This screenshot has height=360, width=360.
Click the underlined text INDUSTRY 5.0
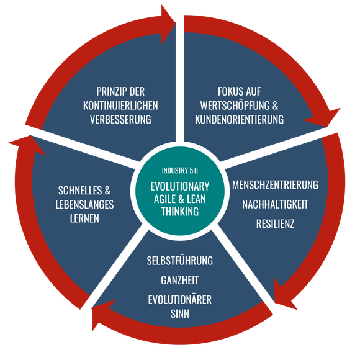[x=180, y=170]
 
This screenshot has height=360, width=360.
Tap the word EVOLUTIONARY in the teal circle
[x=180, y=186]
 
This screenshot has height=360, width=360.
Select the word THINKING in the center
[x=180, y=211]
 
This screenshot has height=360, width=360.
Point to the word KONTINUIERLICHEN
[x=120, y=106]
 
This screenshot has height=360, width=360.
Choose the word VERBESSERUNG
[x=120, y=119]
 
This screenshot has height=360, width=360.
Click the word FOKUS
[x=228, y=91]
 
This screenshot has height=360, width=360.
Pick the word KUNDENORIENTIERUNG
[x=239, y=119]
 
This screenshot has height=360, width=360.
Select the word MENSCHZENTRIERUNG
[x=275, y=185]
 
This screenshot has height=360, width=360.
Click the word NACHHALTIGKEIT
[x=275, y=204]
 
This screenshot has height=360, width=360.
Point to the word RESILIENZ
[x=275, y=224]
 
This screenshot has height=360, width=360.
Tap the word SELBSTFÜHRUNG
[x=180, y=261]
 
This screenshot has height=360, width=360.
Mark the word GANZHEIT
[x=180, y=280]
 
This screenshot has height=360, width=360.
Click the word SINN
[x=180, y=313]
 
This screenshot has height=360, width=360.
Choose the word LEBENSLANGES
[x=84, y=204]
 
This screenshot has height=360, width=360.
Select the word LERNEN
[x=84, y=218]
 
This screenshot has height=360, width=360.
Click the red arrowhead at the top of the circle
[x=167, y=24]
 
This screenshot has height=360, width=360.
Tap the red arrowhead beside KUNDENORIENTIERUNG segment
[x=325, y=117]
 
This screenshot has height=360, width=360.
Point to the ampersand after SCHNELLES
[x=107, y=191]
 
